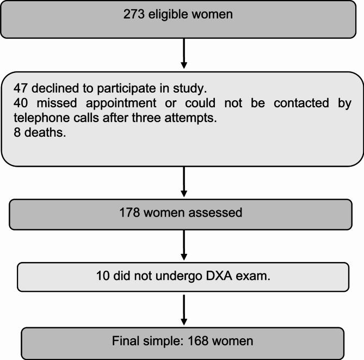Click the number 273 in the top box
tap(133, 15)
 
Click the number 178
tap(130, 212)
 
